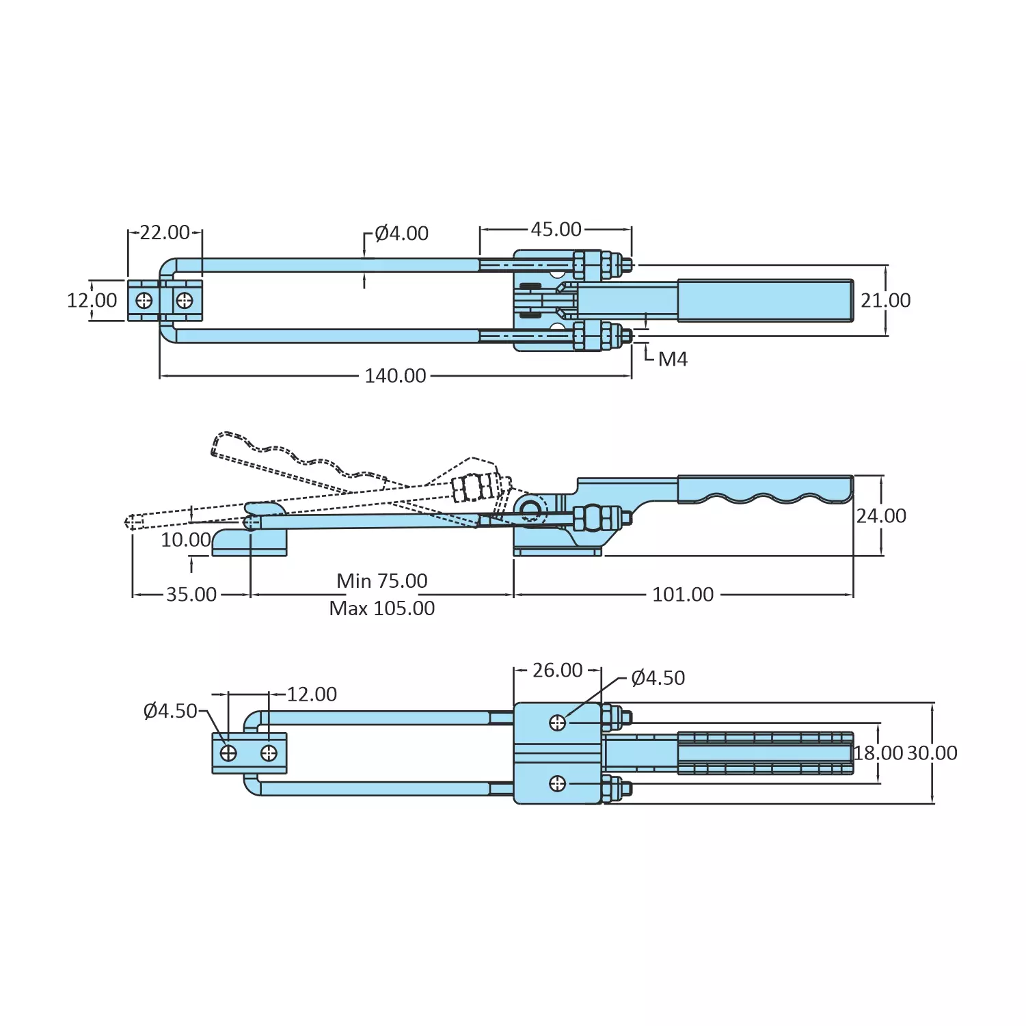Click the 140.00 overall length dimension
[395, 375]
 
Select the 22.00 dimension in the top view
[165, 232]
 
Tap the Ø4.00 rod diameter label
[401, 233]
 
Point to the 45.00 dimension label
[556, 229]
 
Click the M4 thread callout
[672, 359]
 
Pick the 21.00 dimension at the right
[885, 300]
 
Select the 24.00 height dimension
[881, 515]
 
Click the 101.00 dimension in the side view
[682, 594]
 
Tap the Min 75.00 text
[381, 580]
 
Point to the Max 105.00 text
[381, 608]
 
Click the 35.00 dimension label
[191, 594]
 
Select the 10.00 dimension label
[185, 539]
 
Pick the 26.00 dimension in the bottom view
[557, 670]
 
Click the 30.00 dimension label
[932, 753]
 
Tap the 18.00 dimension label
[878, 753]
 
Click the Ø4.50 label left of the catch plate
[170, 711]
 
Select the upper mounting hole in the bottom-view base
[558, 723]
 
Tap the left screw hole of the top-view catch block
[144, 300]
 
